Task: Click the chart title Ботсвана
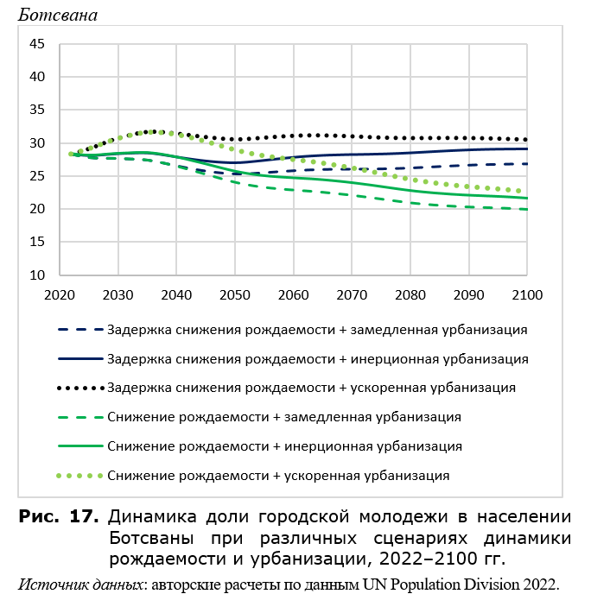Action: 58,16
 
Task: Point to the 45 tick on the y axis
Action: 37,44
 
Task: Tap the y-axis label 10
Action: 37,275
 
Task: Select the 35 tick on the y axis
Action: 37,110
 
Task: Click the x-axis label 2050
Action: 235,294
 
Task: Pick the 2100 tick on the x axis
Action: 527,294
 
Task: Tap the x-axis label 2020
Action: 60,294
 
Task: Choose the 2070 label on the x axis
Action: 352,294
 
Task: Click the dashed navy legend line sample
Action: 80,330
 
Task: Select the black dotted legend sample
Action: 80,388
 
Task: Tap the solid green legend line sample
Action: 80,446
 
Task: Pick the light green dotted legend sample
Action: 79,476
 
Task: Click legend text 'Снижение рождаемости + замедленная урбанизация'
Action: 284,417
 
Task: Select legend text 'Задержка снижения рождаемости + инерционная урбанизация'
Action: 318,359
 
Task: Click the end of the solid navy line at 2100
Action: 527,148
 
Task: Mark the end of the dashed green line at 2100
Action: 527,210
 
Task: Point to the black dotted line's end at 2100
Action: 525,140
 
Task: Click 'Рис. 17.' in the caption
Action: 59,516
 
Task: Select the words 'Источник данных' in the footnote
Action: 80,585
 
